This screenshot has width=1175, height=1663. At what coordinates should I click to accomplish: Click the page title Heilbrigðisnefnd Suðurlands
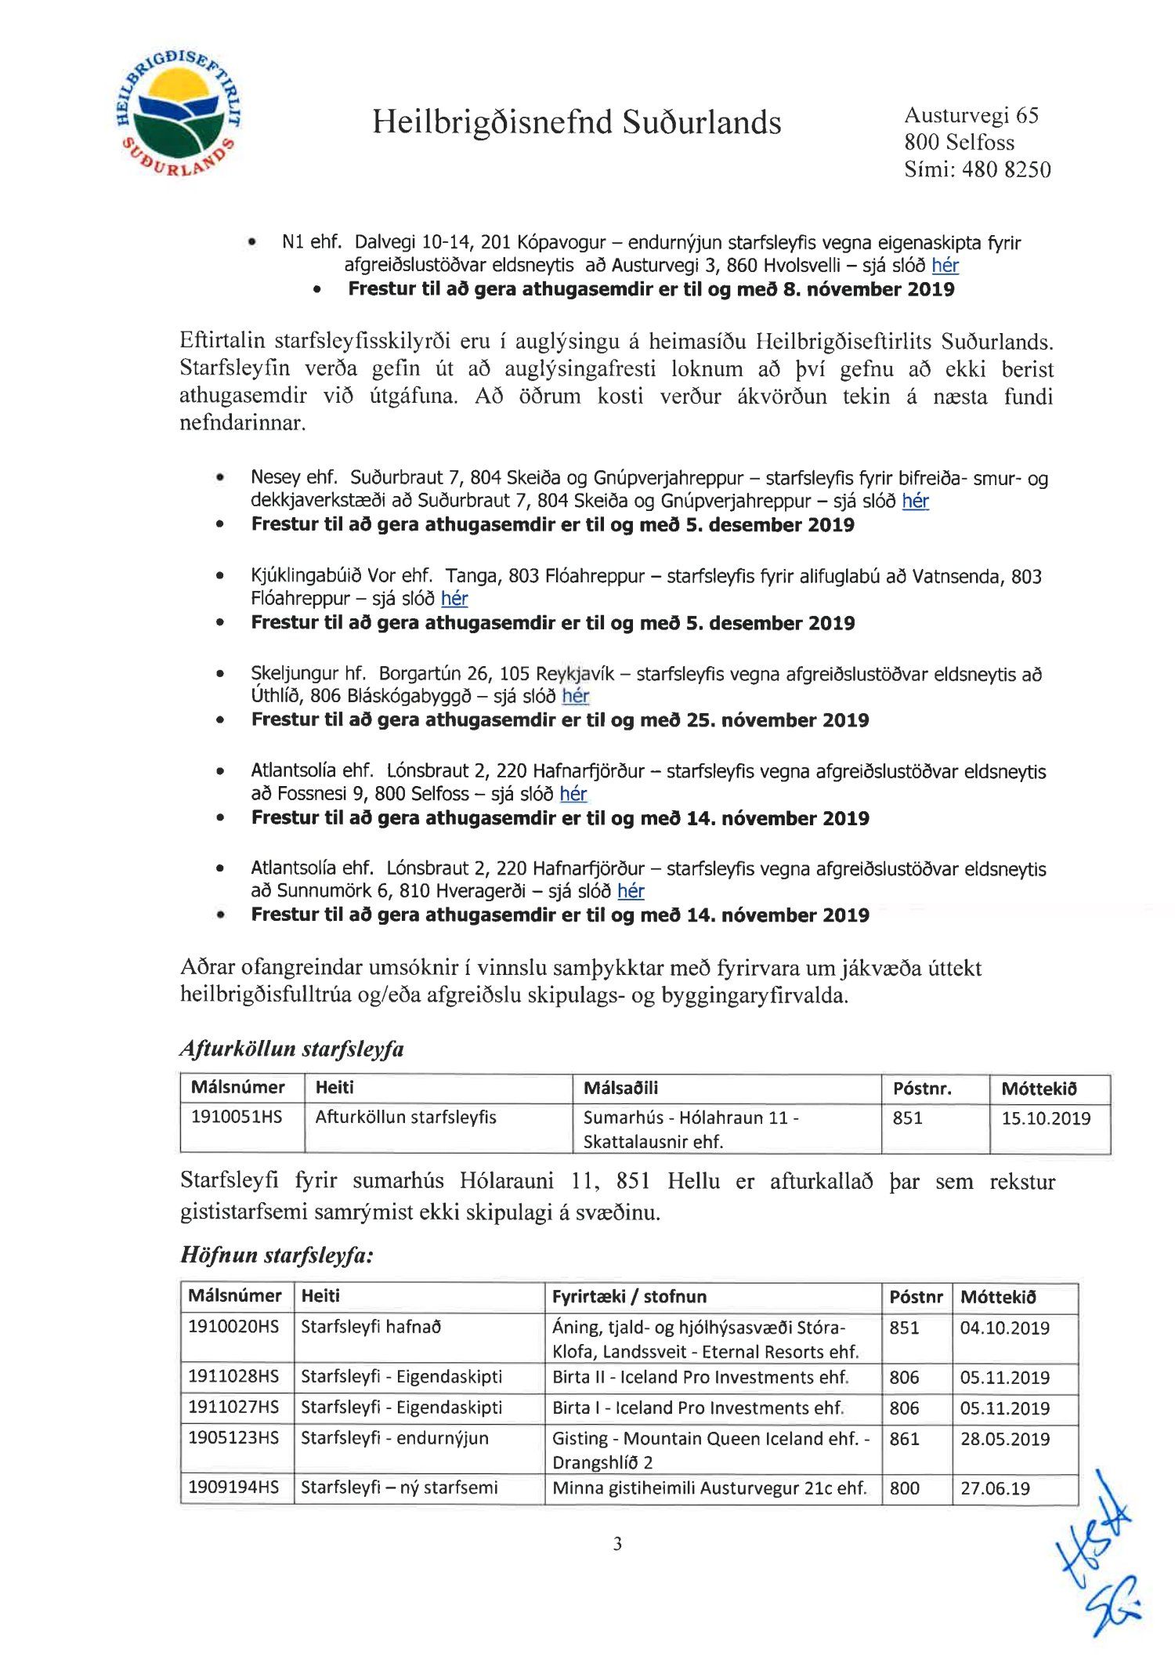pos(577,122)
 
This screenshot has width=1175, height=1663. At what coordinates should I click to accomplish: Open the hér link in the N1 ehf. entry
pos(945,266)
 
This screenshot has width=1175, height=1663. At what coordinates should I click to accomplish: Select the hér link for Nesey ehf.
pos(915,501)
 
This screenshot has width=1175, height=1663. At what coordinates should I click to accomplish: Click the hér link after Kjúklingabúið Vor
pos(454,599)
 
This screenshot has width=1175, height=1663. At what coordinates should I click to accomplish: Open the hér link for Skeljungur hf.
pos(575,696)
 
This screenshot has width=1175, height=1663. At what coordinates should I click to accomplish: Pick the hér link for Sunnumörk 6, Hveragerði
pos(631,891)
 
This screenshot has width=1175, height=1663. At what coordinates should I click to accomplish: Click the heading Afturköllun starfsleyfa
pos(291,1049)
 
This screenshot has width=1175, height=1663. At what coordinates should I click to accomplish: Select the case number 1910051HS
pos(237,1117)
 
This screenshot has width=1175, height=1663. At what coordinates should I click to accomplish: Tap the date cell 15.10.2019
pos(1046,1118)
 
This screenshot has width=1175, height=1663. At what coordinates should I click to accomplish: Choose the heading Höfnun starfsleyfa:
pos(277,1255)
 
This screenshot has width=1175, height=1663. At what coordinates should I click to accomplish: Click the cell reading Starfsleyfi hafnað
pos(371,1327)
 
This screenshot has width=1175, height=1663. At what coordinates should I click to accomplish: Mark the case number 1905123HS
pos(233,1438)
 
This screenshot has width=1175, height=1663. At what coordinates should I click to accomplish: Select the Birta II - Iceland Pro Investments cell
pos(700,1377)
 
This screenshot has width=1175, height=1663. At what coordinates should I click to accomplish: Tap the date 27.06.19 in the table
pos(995,1488)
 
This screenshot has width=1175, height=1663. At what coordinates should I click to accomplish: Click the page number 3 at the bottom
pos(617,1544)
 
